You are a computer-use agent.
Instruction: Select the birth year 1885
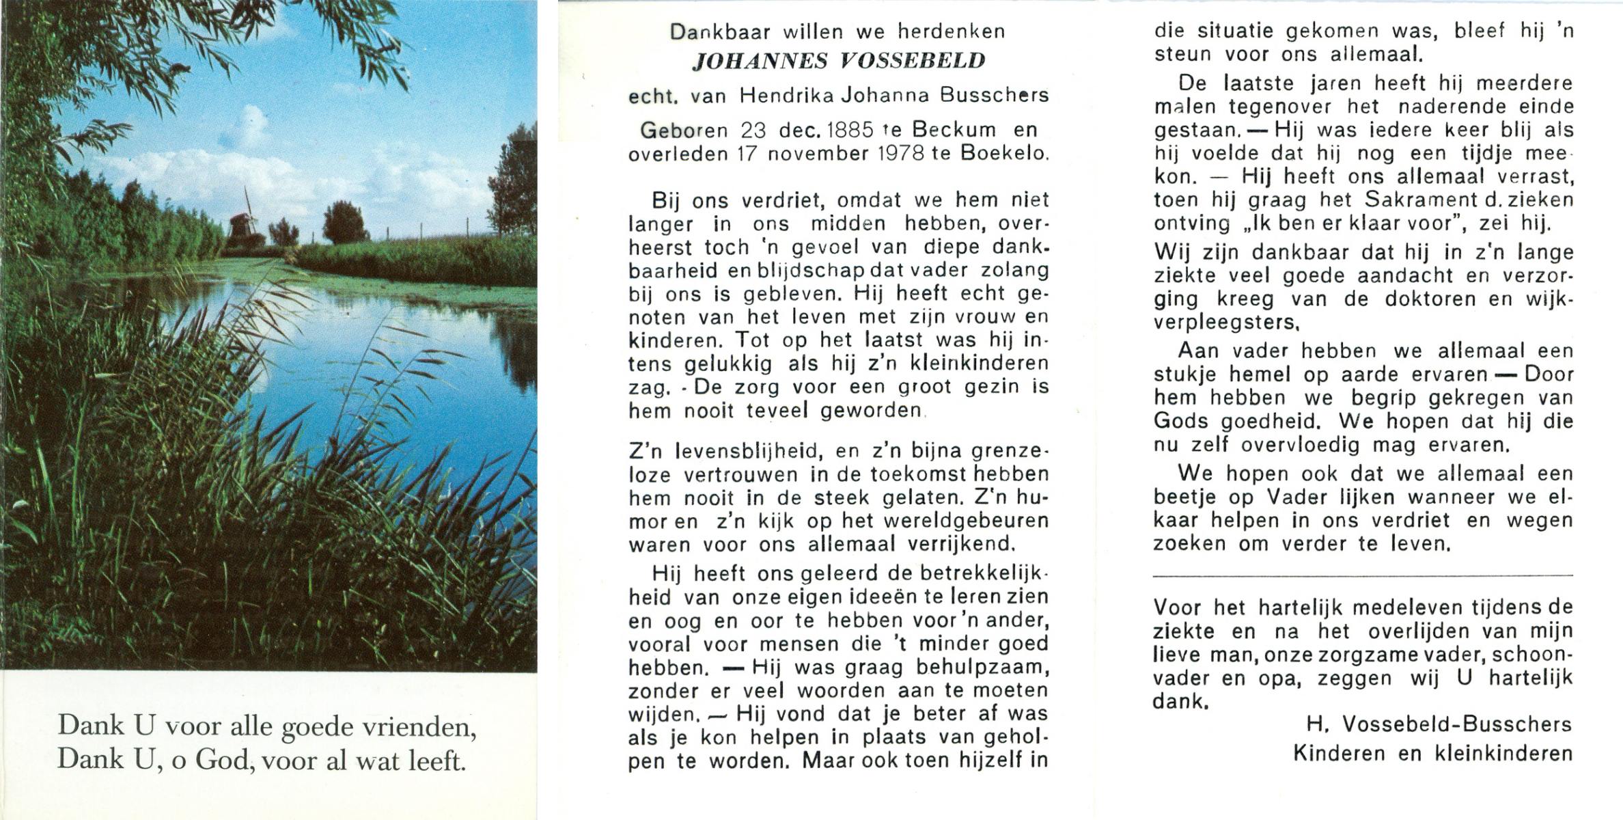pyautogui.click(x=850, y=130)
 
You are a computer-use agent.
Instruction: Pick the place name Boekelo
pyautogui.click(x=1004, y=154)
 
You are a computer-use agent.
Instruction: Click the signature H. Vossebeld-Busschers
pyautogui.click(x=1439, y=724)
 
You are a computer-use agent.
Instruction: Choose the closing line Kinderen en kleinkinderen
pyautogui.click(x=1432, y=754)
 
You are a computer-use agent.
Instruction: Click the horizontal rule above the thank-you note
pyautogui.click(x=1363, y=576)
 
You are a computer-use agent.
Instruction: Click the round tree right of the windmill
pyautogui.click(x=344, y=223)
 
